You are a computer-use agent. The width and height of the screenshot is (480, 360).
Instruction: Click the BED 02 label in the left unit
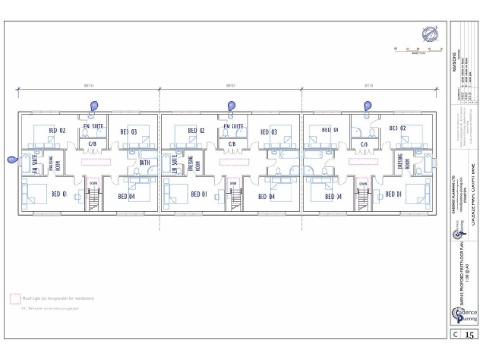coord(56,131)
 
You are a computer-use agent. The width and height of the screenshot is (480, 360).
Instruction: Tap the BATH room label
coord(144,163)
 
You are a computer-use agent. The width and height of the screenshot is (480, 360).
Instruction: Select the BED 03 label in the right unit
coord(330,131)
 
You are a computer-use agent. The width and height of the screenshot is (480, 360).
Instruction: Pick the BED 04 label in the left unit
coord(128,196)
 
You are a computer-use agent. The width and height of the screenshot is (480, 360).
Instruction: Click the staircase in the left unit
coord(93,200)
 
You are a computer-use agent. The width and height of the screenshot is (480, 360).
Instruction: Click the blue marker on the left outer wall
coord(11,159)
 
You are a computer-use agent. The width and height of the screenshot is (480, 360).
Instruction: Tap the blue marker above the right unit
coord(367,105)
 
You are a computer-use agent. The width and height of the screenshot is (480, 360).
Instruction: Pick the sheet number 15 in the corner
coord(470,333)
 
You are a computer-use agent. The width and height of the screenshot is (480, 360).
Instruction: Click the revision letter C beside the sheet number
coord(456,333)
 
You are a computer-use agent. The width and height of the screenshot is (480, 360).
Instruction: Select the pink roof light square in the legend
coord(15,298)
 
